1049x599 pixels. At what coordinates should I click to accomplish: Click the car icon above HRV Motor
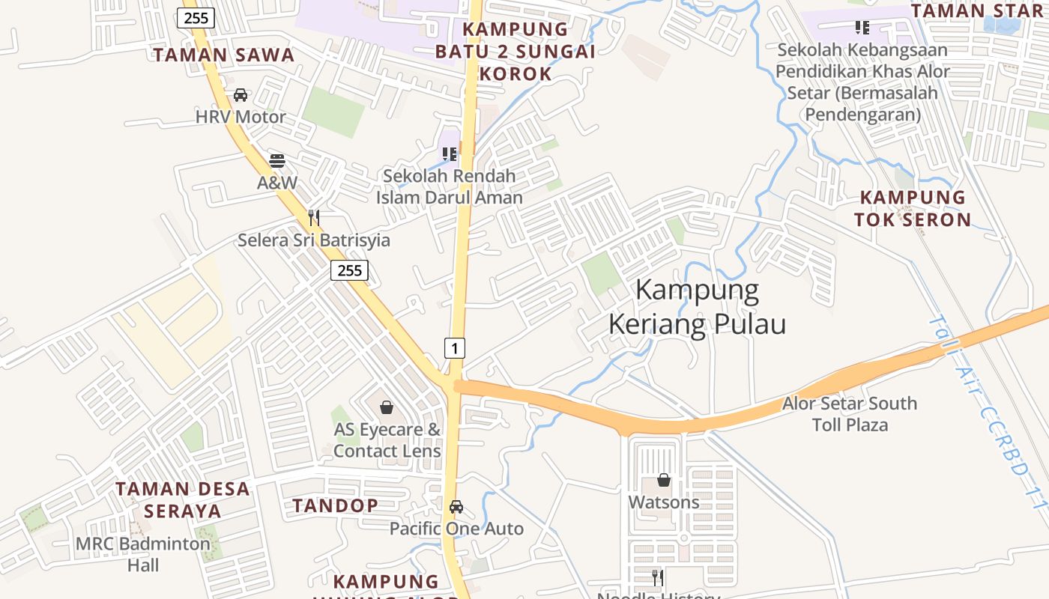241,95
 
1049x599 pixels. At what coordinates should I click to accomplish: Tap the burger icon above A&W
277,160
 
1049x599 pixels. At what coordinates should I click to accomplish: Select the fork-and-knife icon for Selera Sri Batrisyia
314,218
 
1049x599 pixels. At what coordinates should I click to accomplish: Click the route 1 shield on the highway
455,347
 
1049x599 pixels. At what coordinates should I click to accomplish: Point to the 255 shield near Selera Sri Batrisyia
349,270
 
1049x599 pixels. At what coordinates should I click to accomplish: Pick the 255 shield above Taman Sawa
196,18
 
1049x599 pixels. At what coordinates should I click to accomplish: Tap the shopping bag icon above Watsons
664,480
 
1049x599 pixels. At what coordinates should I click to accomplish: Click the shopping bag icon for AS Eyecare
387,407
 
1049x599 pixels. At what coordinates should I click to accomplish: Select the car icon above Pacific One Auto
456,507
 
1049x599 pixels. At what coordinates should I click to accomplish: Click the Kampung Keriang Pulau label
697,307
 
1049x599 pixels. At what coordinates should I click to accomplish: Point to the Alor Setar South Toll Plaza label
850,414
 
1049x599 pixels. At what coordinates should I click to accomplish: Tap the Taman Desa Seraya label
183,500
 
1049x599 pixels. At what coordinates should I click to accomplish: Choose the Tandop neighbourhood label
335,505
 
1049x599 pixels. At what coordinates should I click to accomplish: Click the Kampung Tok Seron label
913,208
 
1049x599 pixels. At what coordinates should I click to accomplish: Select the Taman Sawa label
224,55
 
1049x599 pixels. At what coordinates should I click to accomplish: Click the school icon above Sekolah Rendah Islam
450,154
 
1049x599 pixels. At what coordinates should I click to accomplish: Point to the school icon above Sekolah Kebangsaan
862,28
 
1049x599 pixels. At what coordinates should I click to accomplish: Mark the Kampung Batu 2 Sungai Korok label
516,52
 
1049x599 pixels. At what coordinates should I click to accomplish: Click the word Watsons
664,502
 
